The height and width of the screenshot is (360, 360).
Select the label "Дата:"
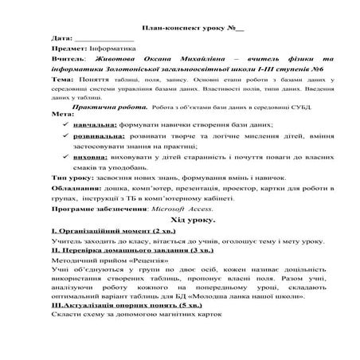pos(61,38)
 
